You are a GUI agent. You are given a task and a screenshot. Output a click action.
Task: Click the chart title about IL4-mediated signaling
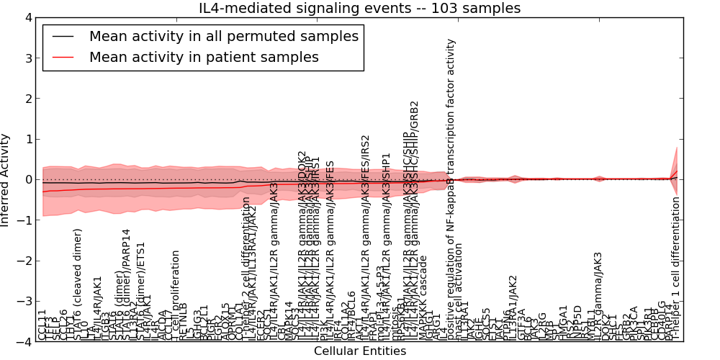(359, 8)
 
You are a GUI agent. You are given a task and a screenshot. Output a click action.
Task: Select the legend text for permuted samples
(223, 36)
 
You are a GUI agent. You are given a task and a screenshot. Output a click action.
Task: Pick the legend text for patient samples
(204, 57)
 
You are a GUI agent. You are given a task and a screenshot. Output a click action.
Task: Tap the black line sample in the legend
(63, 36)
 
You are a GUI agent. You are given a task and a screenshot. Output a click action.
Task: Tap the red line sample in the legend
(63, 57)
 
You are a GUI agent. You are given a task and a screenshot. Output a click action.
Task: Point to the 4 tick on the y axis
(28, 17)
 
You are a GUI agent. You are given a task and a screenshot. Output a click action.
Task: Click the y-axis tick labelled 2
(28, 99)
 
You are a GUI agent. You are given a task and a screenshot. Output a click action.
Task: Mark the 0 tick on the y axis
(28, 180)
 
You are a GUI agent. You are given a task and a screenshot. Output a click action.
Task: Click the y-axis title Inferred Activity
(6, 180)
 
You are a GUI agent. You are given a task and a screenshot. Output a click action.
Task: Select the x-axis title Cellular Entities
(359, 351)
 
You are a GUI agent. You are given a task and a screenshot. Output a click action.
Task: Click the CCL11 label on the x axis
(42, 325)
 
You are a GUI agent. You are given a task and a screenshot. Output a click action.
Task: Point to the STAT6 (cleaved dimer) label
(78, 284)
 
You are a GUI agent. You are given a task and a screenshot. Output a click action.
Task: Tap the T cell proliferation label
(176, 294)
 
